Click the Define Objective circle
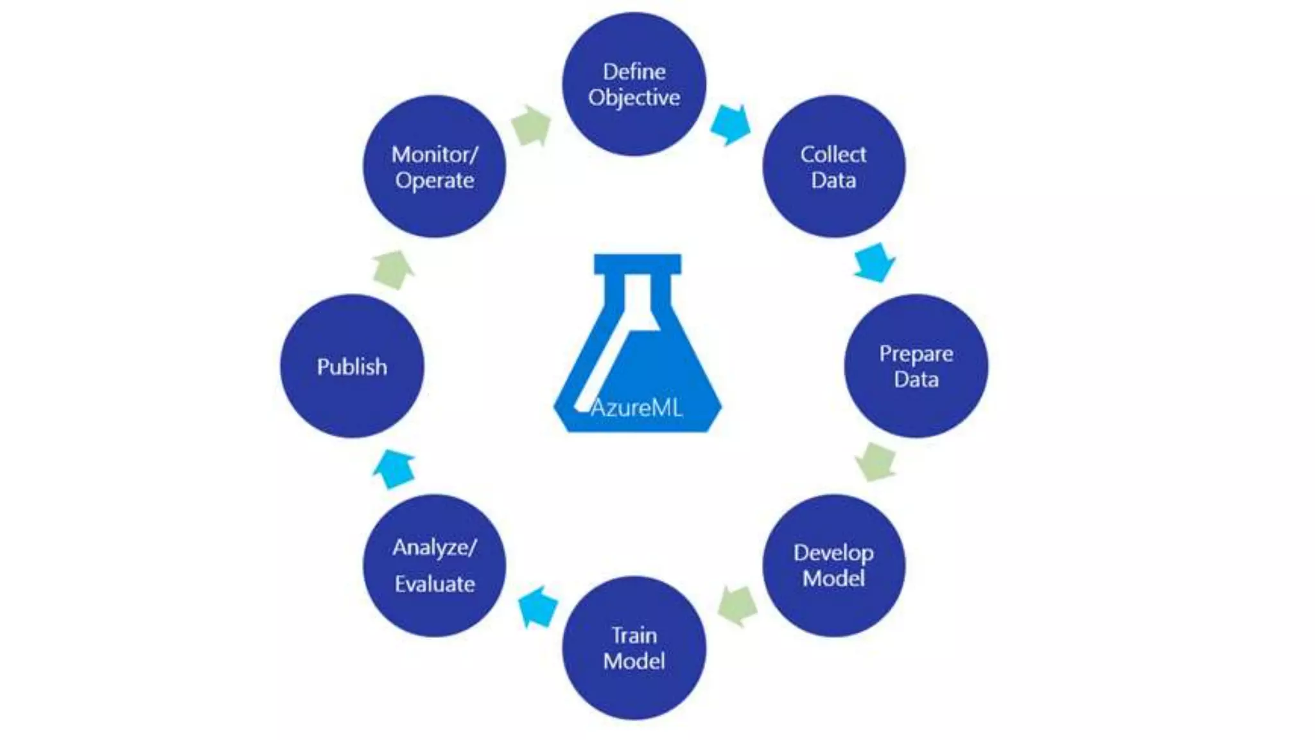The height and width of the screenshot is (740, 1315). tap(634, 84)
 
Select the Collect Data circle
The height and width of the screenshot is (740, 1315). tap(833, 166)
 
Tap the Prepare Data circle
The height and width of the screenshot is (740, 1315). tap(916, 366)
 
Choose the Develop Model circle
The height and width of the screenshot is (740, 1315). tap(833, 565)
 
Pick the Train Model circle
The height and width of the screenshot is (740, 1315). tap(634, 647)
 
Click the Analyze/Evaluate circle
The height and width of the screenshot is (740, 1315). tap(434, 565)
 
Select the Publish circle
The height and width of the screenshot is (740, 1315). tap(352, 366)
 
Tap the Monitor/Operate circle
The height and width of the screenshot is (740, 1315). tap(434, 166)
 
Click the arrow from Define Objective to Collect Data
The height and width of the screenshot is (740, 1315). tap(731, 124)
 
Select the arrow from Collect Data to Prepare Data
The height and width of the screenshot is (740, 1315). tap(875, 262)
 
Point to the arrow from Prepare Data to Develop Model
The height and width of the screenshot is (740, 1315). tap(875, 461)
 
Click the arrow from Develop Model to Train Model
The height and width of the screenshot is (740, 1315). tap(737, 605)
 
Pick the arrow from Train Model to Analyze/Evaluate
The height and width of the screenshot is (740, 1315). tap(537, 606)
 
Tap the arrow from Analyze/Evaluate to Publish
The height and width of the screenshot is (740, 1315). tap(394, 469)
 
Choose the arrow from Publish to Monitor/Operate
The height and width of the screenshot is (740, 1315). tap(393, 269)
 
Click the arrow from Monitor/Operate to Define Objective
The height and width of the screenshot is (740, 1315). tap(532, 125)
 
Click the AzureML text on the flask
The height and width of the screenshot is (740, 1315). tap(636, 408)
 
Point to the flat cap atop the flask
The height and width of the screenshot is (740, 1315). tap(637, 263)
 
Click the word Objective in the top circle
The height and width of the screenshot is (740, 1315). tap(634, 98)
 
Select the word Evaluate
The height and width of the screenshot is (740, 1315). tap(435, 584)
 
